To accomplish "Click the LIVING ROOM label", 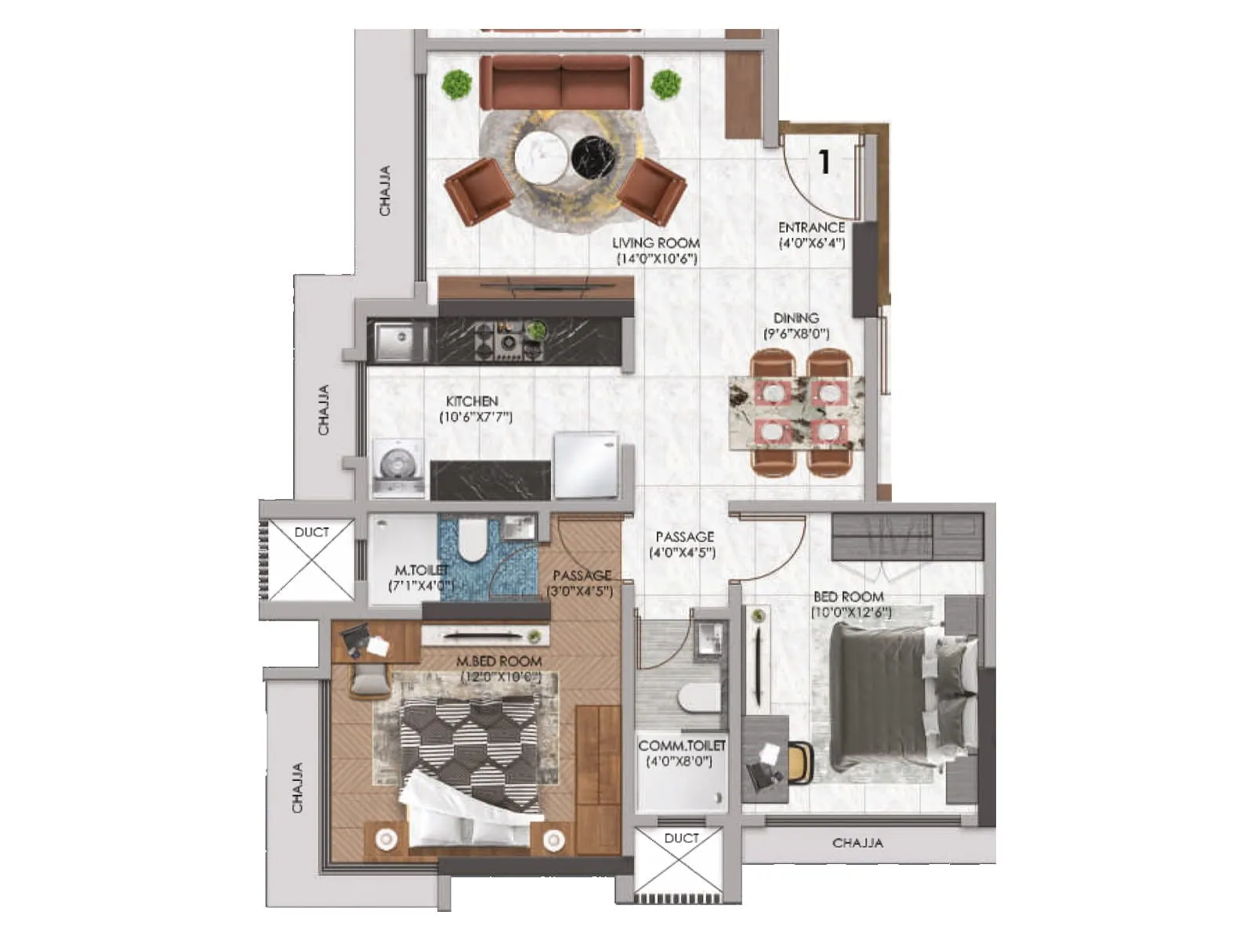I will (x=655, y=243).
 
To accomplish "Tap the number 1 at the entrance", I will (x=824, y=162).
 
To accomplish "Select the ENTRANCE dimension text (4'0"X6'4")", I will (x=811, y=243).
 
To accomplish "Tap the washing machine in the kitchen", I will (x=398, y=468).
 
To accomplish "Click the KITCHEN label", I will (x=472, y=401).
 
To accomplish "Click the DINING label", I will (x=796, y=318).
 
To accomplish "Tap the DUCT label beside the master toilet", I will (x=311, y=533).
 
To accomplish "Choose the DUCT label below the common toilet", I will (x=681, y=838).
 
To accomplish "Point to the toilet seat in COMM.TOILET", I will (x=697, y=696).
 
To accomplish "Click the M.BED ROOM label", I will (x=498, y=662).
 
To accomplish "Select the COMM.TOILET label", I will (x=681, y=746).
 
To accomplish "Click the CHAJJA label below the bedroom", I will (x=857, y=843).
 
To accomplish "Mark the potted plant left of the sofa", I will (x=455, y=84).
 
